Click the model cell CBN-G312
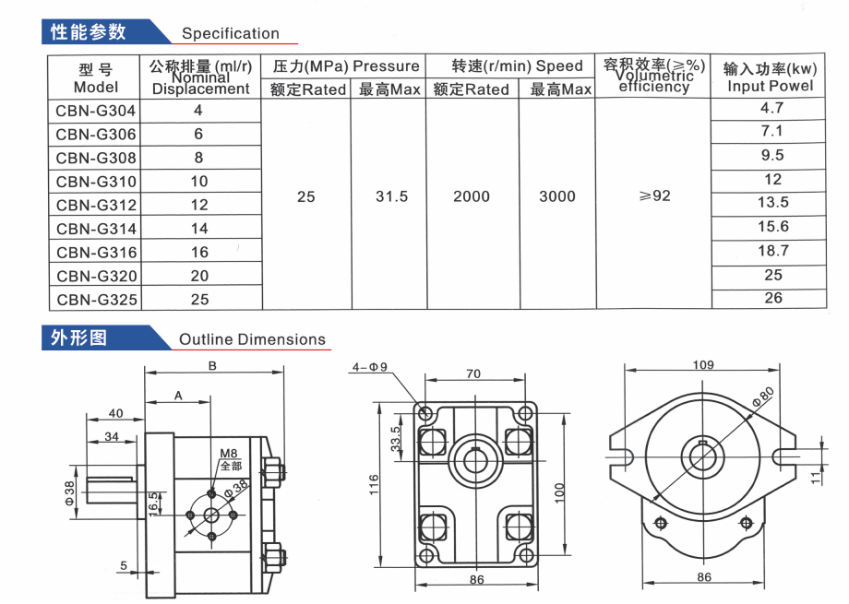click(x=96, y=205)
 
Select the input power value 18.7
click(x=773, y=251)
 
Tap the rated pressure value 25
click(x=306, y=196)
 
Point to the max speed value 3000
click(x=557, y=196)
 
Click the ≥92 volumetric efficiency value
click(x=655, y=195)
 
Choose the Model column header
click(x=96, y=78)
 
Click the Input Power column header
click(x=770, y=77)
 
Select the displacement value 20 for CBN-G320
click(x=199, y=276)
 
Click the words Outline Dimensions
click(x=252, y=339)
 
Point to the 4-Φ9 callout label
click(x=370, y=367)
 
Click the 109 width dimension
click(x=703, y=365)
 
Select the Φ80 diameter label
click(x=763, y=397)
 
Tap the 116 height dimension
click(x=374, y=485)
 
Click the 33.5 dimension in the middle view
click(x=396, y=439)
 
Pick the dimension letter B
click(x=212, y=366)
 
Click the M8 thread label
click(x=229, y=454)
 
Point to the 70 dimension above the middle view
click(x=473, y=374)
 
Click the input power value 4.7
click(x=772, y=108)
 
